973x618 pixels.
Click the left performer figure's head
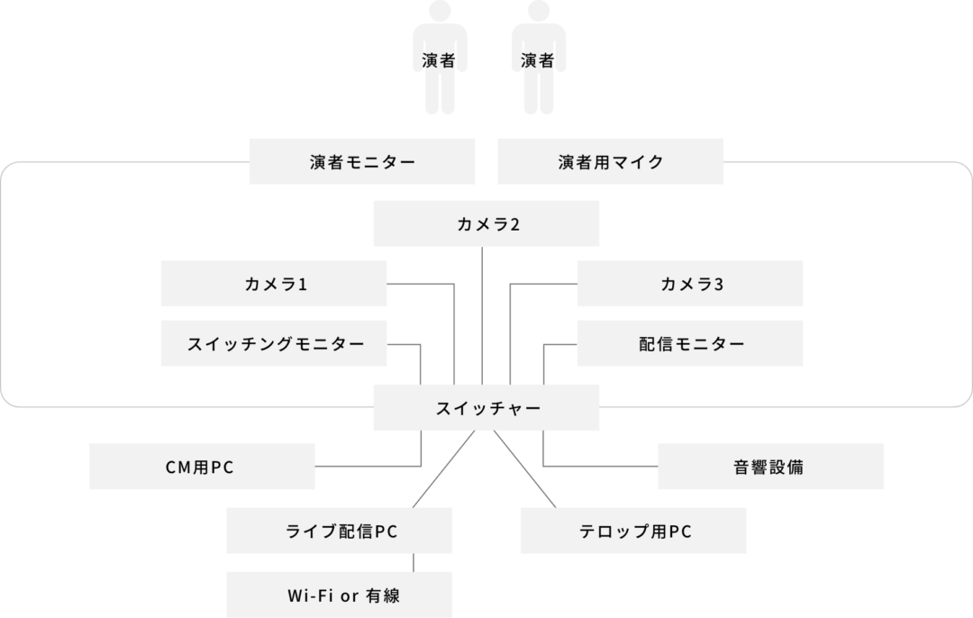coord(440,11)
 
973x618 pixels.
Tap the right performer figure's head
coord(539,11)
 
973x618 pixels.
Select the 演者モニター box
coord(362,161)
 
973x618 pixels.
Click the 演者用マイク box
coord(611,161)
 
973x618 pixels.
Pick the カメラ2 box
coord(486,223)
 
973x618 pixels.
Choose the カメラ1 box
coord(274,284)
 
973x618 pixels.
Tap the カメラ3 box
coord(690,284)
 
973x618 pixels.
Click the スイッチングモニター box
coord(274,343)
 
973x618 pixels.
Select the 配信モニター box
coord(690,343)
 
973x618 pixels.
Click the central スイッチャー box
coord(486,408)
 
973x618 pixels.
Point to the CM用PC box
coord(203,466)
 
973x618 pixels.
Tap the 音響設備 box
coord(770,466)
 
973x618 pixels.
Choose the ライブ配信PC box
coord(340,531)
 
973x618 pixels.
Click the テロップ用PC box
coord(633,531)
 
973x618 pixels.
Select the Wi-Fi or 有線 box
coord(340,595)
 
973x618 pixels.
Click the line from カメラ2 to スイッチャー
coord(482,316)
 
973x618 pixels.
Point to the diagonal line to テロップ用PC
coord(525,469)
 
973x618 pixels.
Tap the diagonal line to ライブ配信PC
coord(443,469)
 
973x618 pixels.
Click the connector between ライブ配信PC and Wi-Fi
coord(414,563)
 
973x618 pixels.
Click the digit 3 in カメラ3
coord(719,284)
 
